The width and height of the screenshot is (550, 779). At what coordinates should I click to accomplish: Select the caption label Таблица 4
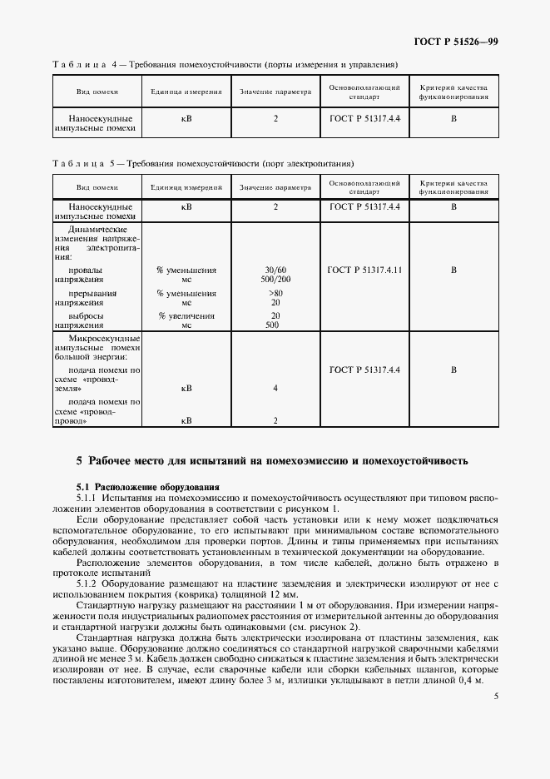[82, 64]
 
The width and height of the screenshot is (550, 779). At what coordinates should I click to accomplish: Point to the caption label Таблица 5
[82, 163]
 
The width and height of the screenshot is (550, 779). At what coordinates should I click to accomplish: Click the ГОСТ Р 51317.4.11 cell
[364, 270]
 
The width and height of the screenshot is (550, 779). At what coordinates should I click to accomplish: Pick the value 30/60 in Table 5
[275, 270]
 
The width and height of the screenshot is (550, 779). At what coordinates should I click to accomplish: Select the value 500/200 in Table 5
[275, 280]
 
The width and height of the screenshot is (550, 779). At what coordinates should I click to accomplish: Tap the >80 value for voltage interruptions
[275, 293]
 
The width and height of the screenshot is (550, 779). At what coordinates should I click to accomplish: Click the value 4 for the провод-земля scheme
[275, 388]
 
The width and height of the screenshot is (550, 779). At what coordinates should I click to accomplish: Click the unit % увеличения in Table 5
[186, 315]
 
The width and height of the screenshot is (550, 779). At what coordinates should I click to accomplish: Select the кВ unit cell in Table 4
[186, 118]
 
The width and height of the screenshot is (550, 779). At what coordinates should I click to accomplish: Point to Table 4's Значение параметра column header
[275, 92]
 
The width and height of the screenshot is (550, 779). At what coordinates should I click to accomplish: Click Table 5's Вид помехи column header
[97, 188]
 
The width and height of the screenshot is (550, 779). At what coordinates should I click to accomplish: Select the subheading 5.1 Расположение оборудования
[146, 486]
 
